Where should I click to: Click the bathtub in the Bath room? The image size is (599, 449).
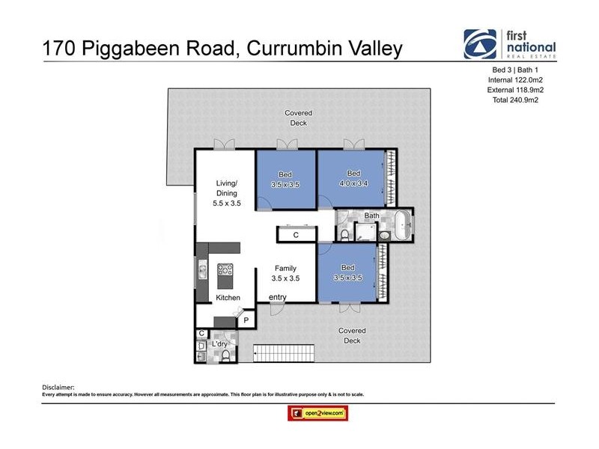(x=404, y=224)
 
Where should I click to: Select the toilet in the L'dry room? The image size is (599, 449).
(x=225, y=355)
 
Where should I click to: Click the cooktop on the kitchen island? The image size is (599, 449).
(x=225, y=271)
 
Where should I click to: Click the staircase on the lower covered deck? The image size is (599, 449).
(x=285, y=352)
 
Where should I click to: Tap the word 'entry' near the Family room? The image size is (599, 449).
(x=278, y=298)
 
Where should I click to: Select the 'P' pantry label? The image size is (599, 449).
(x=246, y=320)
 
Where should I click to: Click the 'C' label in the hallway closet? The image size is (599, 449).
(x=296, y=235)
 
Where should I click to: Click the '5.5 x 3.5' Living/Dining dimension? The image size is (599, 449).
(x=227, y=203)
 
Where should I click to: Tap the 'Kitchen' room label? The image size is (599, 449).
(x=228, y=298)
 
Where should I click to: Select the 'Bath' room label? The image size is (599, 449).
(x=371, y=216)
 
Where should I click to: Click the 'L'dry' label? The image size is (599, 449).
(x=220, y=343)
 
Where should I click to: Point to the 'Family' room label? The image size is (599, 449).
(x=285, y=268)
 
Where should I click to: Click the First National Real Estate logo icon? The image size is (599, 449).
(x=479, y=44)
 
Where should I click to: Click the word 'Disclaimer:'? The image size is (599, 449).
(x=60, y=387)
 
